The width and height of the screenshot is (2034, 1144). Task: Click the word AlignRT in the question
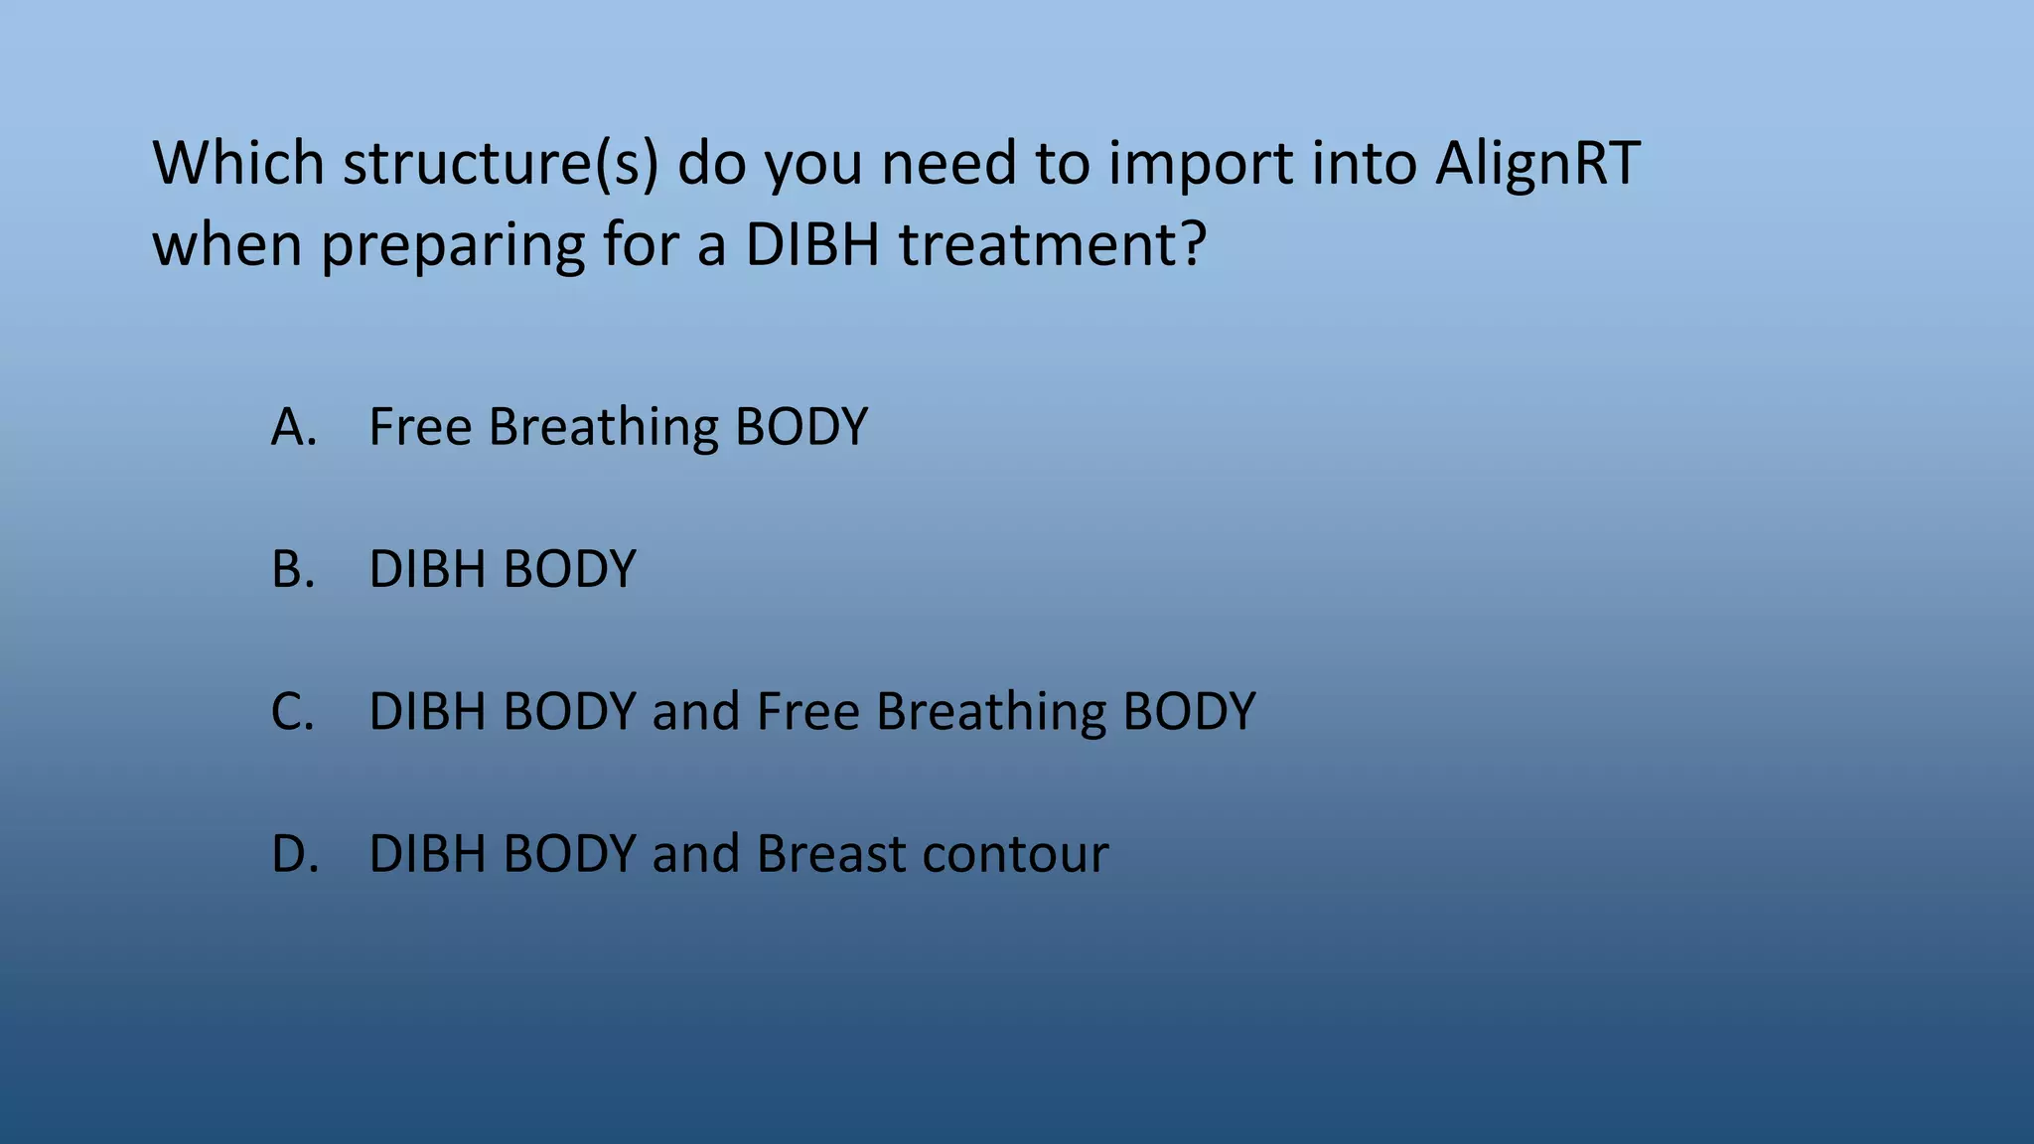coord(1537,163)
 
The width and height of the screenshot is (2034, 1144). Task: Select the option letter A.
coord(293,427)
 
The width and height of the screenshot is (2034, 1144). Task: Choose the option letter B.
coord(293,570)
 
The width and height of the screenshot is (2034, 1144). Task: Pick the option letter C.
coord(293,712)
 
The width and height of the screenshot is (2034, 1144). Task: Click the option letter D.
coord(295,854)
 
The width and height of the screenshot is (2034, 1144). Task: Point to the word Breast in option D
coord(831,854)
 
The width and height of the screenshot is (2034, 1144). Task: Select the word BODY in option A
coord(801,427)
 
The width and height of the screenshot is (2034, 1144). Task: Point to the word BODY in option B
coord(569,570)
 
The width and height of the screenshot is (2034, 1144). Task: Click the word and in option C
coord(695,712)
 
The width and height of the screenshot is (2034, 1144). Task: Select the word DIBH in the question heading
coord(812,244)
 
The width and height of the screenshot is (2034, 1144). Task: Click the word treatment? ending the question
coord(1053,244)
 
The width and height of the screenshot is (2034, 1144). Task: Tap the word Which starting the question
coord(238,163)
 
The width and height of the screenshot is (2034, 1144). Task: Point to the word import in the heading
coord(1200,165)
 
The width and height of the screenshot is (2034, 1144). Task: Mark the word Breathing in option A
coord(603,428)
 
